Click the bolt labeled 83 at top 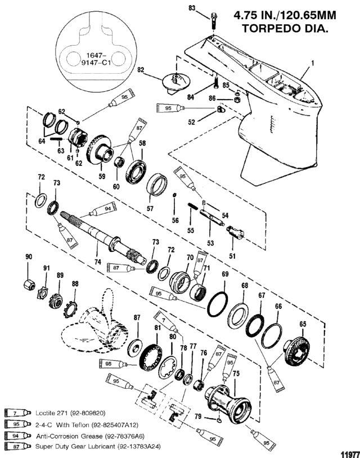[213, 20]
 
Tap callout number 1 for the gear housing [313, 63]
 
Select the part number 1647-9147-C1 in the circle [94, 59]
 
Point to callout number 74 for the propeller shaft [97, 262]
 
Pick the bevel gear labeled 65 [296, 350]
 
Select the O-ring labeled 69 [217, 304]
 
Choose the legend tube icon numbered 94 [18, 436]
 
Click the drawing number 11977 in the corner [350, 454]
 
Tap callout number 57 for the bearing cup [150, 209]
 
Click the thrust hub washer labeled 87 [135, 347]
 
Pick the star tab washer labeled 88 [70, 309]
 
